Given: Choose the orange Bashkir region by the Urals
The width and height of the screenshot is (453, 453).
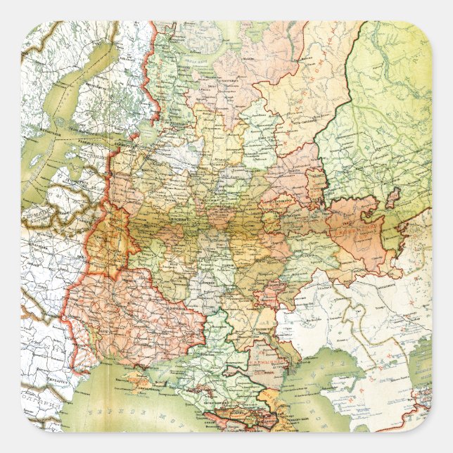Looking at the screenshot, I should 359,232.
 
